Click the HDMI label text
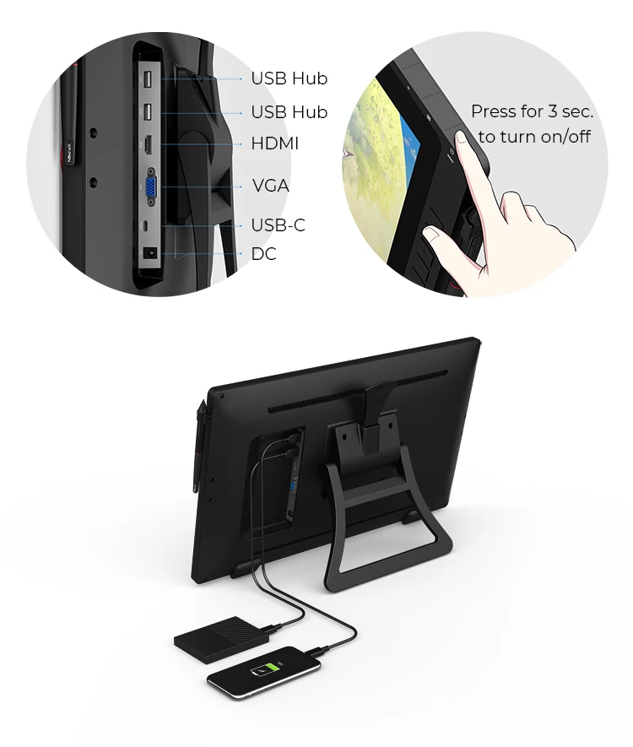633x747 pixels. coord(275,143)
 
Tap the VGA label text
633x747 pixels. coord(271,186)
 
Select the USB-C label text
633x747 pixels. coord(279,225)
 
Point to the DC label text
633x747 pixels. coord(264,254)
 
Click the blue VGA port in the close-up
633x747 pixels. coord(151,187)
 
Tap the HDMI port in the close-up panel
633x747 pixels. coord(149,144)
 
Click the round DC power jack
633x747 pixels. coord(150,252)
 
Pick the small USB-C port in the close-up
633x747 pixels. coord(147,225)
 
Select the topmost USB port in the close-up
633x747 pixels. coord(148,78)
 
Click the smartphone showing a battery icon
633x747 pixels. coord(264,672)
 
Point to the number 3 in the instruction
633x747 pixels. coord(552,111)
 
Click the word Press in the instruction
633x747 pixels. coord(494,111)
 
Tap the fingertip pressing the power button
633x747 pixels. coord(462,139)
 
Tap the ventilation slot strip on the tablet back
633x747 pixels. coord(358,390)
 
